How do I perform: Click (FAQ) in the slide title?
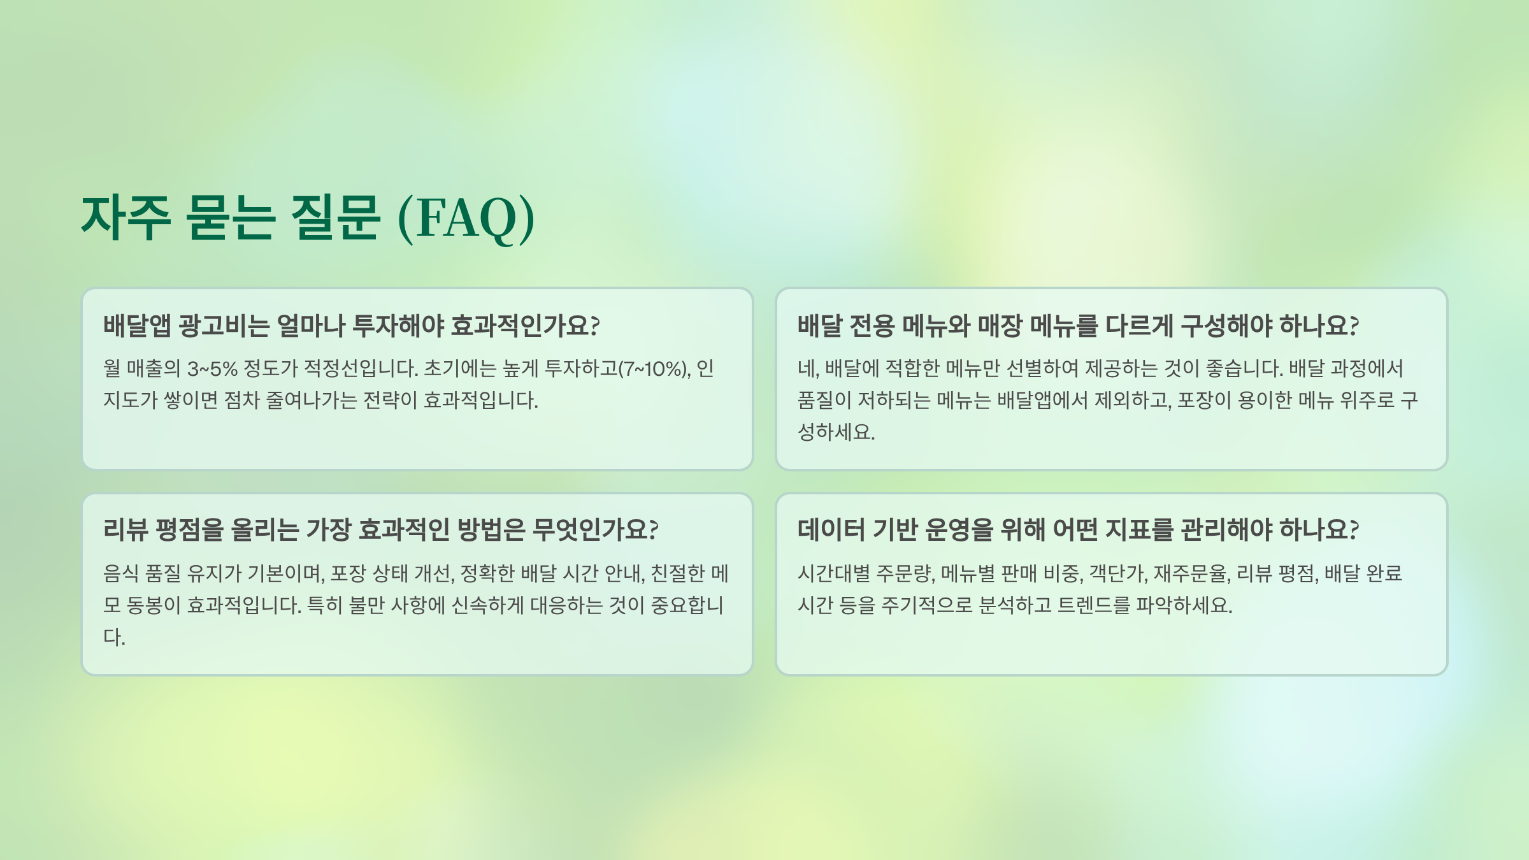466,218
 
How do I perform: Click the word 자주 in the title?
126,218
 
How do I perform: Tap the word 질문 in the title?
335,218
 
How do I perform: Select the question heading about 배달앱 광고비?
351,326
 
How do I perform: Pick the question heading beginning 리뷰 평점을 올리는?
380,529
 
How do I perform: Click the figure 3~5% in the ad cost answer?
212,369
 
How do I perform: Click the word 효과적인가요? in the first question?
525,326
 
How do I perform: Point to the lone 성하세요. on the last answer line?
836,433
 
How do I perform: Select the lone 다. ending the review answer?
114,637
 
